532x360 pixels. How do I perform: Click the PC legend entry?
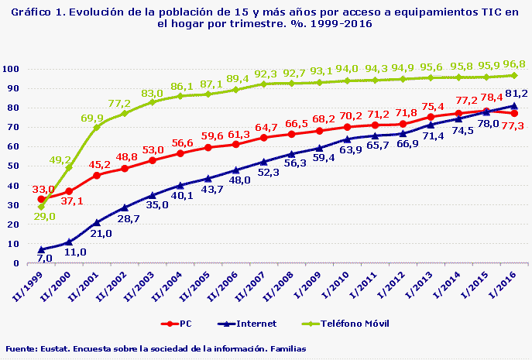[x=180, y=324]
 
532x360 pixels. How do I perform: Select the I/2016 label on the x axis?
[x=503, y=283]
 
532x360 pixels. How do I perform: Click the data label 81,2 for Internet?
[x=515, y=93]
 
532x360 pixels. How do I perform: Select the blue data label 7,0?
[x=44, y=258]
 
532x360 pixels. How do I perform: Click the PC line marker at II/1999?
[x=41, y=199]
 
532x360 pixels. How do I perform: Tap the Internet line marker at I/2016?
[x=514, y=105]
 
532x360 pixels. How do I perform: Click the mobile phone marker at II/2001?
[x=97, y=127]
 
